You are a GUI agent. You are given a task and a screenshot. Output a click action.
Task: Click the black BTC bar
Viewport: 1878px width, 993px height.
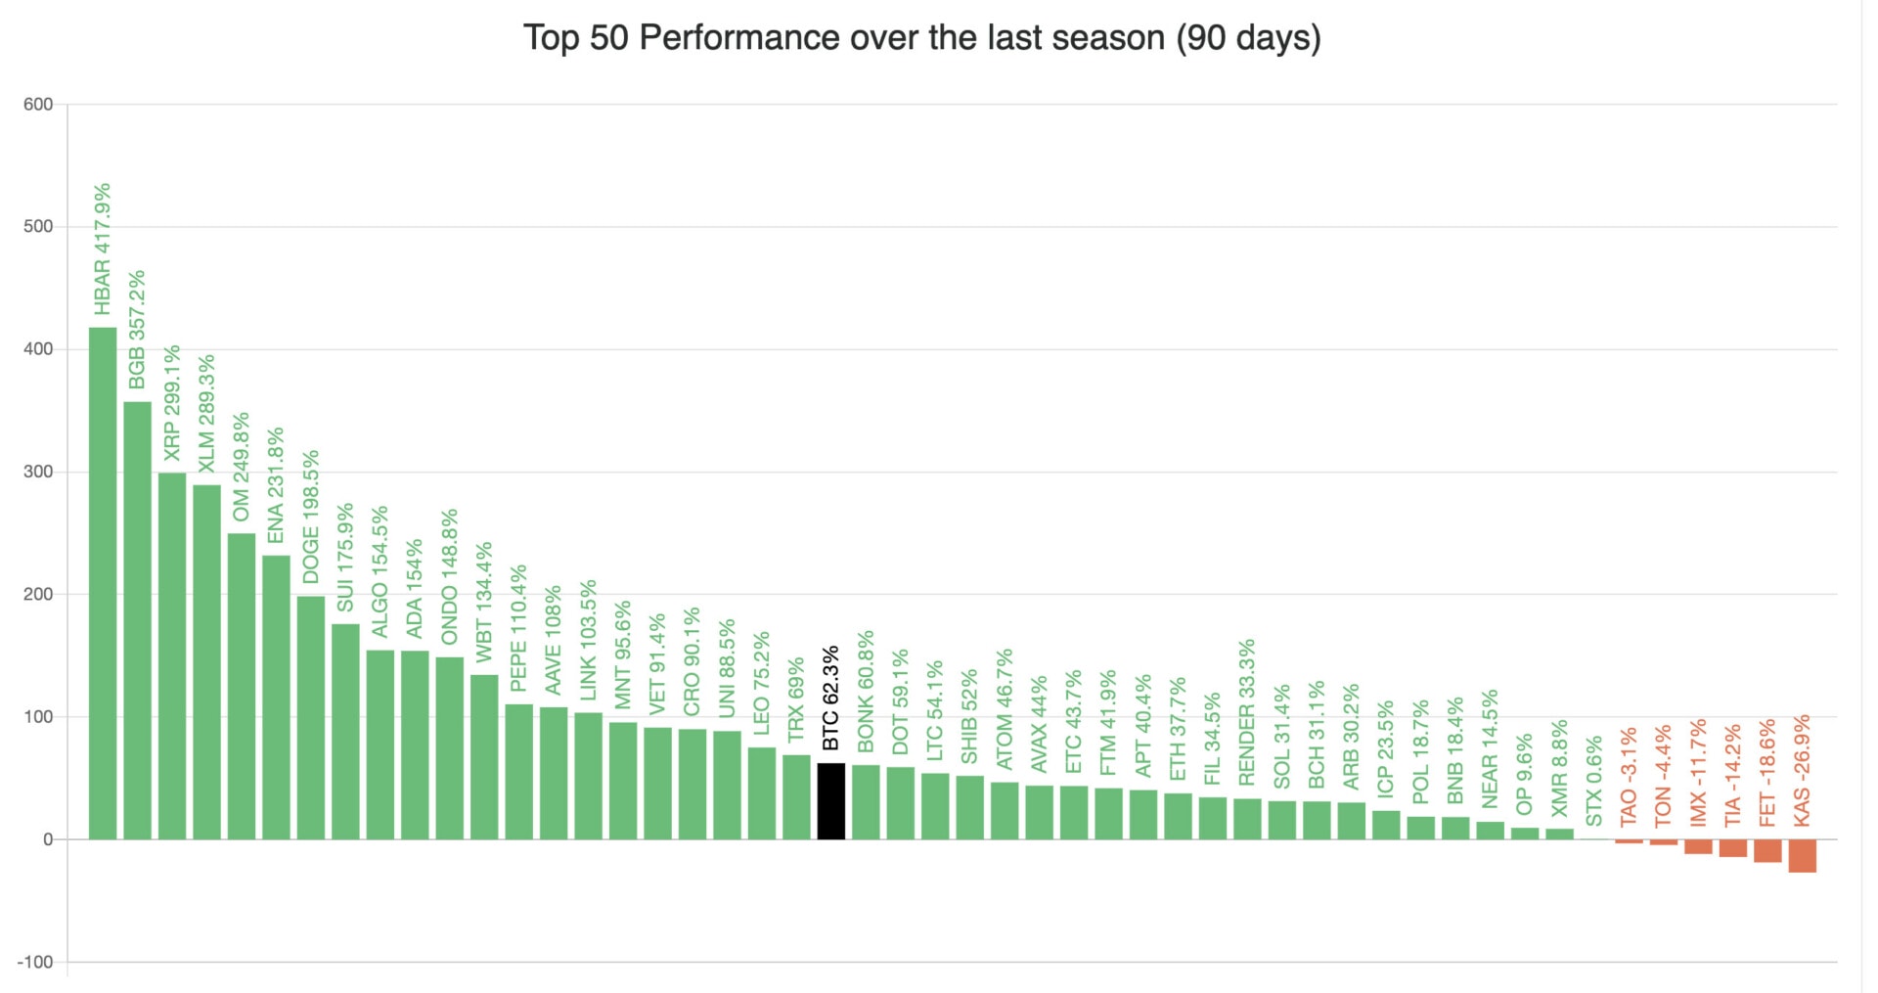[830, 801]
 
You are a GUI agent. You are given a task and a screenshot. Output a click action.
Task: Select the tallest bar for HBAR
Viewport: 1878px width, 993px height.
[103, 583]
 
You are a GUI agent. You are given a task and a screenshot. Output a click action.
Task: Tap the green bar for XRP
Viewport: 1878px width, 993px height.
[172, 655]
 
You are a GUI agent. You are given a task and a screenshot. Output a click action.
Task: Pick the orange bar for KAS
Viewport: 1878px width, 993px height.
[1802, 855]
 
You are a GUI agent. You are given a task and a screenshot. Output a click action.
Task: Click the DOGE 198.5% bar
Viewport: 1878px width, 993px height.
[311, 717]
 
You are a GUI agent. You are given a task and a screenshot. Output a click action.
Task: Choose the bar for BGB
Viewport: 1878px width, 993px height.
[137, 620]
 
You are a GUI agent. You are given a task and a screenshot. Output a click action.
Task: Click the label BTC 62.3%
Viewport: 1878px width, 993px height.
[830, 699]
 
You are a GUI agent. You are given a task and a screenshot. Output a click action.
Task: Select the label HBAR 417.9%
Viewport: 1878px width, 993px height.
[103, 249]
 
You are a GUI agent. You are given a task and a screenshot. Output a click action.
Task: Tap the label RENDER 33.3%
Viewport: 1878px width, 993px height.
[1246, 712]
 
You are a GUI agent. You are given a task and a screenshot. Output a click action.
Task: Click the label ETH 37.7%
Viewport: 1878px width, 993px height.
[1178, 729]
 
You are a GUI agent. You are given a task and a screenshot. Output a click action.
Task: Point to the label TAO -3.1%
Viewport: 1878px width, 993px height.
[1629, 777]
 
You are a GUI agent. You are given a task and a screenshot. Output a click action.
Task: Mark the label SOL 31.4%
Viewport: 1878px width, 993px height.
[1281, 736]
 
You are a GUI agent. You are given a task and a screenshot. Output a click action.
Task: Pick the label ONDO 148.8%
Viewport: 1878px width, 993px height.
[450, 576]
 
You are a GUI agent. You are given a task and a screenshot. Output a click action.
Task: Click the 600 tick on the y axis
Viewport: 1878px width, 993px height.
[38, 105]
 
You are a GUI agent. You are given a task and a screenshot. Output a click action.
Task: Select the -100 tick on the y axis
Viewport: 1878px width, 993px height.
[35, 962]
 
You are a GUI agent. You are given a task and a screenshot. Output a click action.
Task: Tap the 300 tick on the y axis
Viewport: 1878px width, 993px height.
[38, 472]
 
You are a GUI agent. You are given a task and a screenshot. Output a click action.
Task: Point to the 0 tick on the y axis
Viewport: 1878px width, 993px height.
[48, 839]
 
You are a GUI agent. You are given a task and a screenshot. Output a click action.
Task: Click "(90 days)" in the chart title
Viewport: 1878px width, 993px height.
[1248, 38]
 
